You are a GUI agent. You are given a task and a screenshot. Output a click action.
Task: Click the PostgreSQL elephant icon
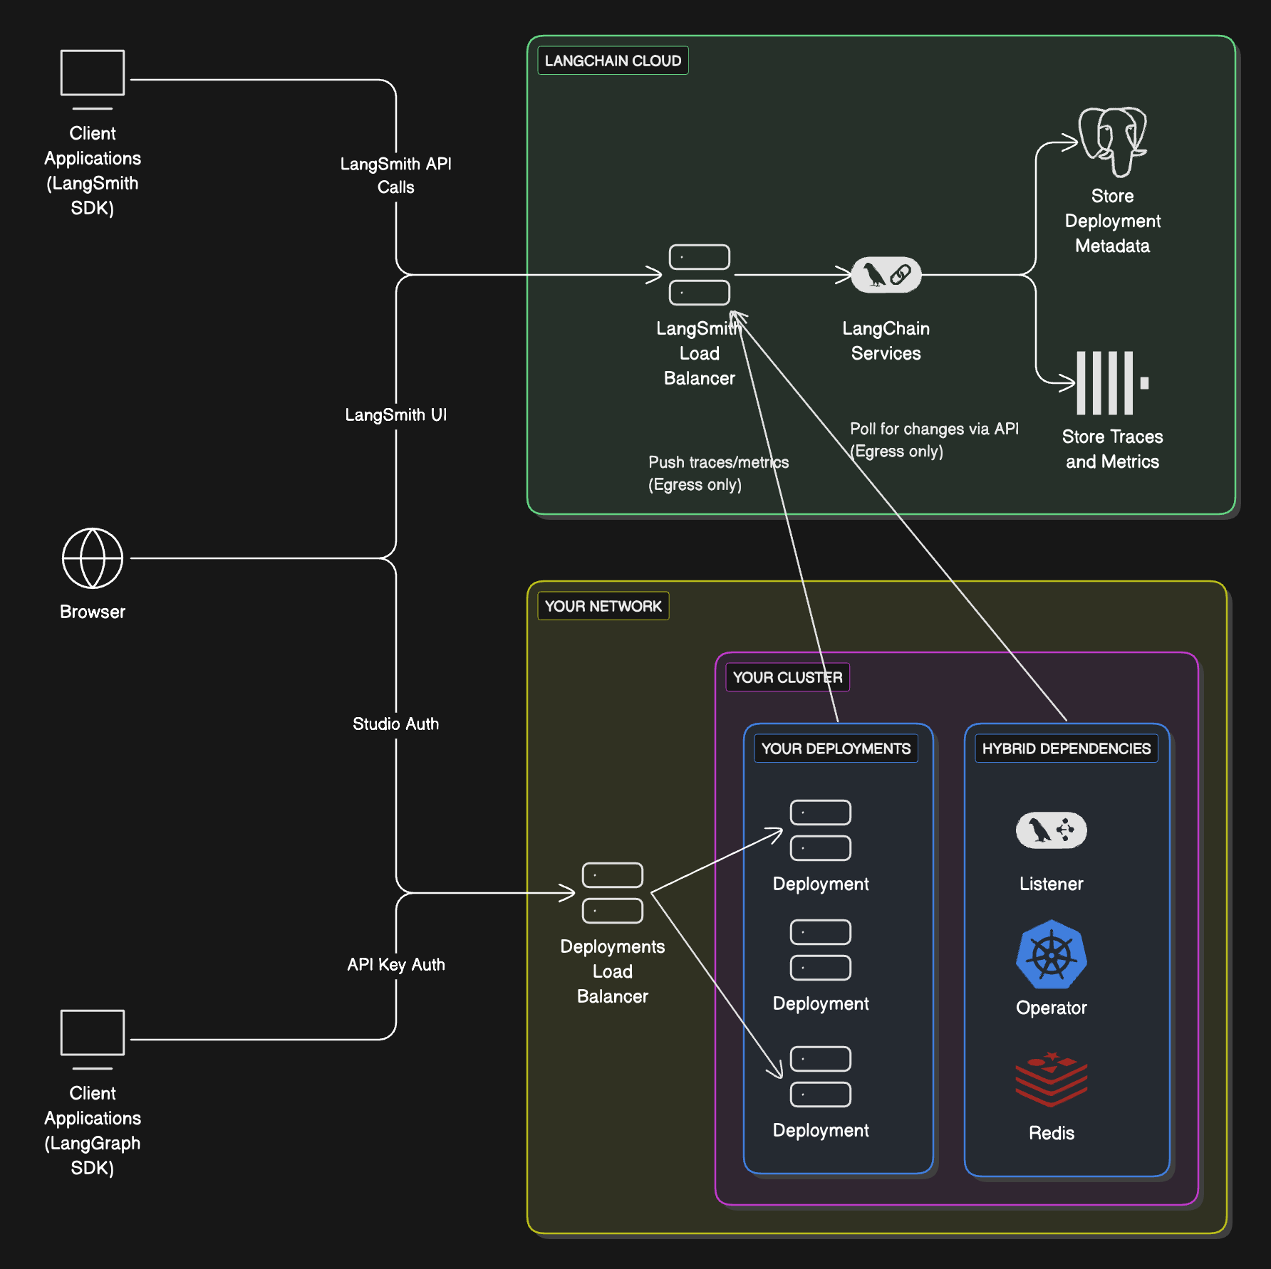(x=1112, y=141)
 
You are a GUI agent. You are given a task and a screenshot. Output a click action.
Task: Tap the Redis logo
(x=1051, y=1080)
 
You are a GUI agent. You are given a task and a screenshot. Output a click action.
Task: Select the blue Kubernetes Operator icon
(x=1051, y=954)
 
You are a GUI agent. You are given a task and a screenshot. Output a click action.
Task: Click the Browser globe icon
(x=93, y=558)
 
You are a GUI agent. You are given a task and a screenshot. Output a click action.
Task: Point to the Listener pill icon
(x=1051, y=830)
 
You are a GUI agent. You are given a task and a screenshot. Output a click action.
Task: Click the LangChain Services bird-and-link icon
(x=886, y=275)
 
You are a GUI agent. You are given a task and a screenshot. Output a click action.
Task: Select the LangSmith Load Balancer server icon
(x=699, y=275)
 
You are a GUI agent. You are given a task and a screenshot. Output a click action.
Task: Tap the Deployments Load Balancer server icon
(x=612, y=892)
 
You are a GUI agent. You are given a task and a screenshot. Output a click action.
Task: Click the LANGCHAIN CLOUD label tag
(x=613, y=61)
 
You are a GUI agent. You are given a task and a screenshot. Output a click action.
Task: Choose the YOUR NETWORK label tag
(x=603, y=606)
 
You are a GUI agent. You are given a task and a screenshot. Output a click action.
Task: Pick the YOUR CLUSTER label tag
(x=787, y=677)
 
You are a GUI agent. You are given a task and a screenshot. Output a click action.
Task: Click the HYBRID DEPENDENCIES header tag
(x=1066, y=748)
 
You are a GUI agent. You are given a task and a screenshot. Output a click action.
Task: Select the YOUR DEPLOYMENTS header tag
(x=836, y=748)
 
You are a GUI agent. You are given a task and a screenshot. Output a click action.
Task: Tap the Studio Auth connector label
(x=395, y=724)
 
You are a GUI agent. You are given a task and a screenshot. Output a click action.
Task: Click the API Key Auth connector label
(x=395, y=964)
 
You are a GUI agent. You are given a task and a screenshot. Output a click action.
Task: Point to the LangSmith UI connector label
(x=395, y=414)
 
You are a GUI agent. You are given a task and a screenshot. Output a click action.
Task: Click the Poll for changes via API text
(x=933, y=429)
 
